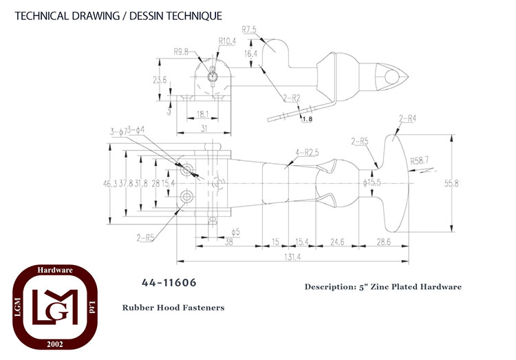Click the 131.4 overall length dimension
[292, 257]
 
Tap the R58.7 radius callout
[420, 161]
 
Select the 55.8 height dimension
[451, 184]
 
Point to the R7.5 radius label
[249, 30]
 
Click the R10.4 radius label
[227, 41]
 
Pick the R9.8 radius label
[181, 52]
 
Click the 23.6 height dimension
[160, 80]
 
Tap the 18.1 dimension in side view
[203, 114]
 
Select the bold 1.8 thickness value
[308, 119]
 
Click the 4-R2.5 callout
[307, 153]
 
